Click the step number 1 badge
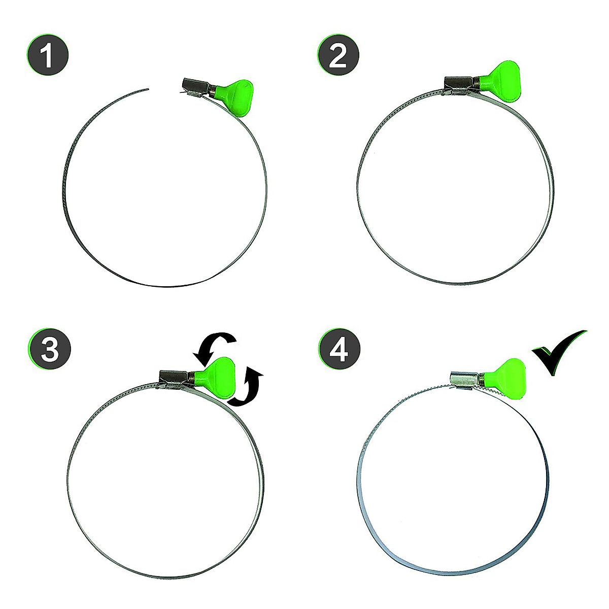tap(47, 56)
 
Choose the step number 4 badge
tap(340, 350)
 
